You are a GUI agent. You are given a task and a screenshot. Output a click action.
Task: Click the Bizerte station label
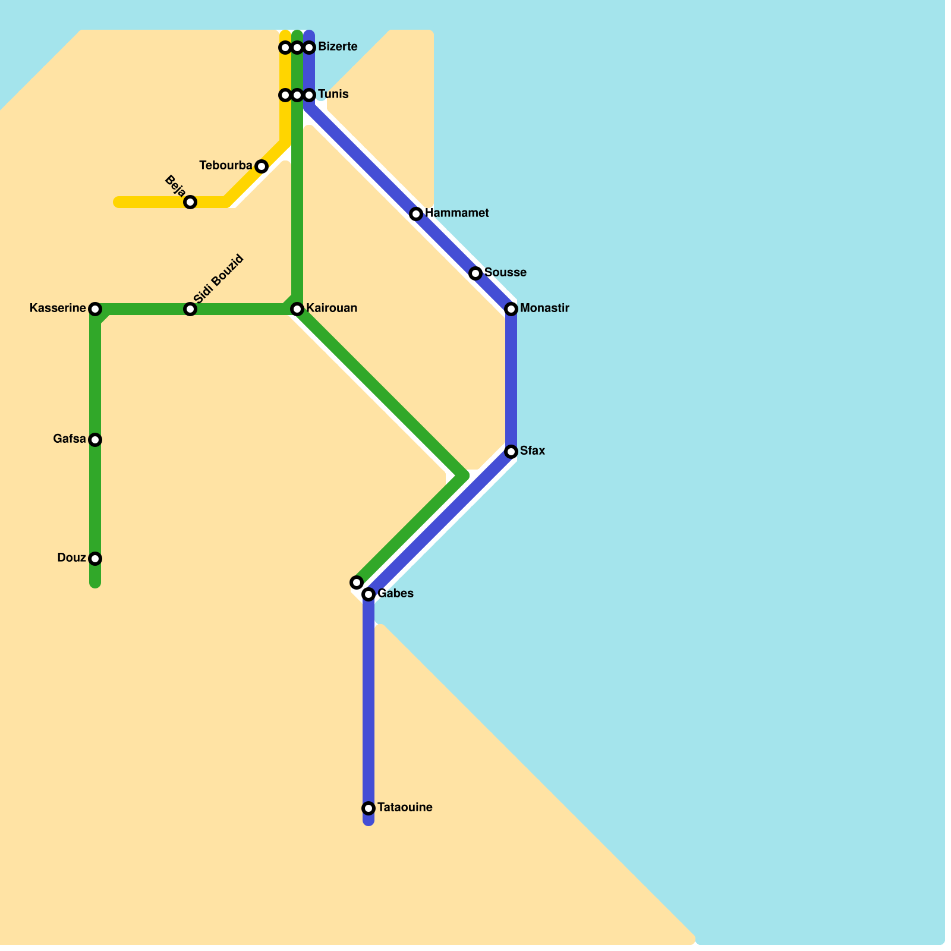pos(338,47)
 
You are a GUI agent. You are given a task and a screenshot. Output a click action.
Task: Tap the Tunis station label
pos(333,95)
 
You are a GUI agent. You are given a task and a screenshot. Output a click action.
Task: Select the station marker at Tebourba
pos(262,166)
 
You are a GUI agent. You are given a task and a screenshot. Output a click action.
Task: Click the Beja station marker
pos(190,202)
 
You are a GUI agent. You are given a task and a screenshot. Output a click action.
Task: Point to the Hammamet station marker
pos(416,214)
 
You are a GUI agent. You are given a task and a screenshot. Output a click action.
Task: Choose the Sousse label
pos(505,273)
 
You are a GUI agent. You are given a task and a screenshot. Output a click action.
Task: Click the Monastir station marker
pos(511,309)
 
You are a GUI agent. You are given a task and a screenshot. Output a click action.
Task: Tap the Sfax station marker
pos(511,452)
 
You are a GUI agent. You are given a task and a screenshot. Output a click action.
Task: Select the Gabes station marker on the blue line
pos(369,594)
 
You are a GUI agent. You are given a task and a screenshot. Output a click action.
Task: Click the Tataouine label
pos(405,808)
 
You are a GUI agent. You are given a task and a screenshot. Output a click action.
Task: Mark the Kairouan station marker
pos(297,309)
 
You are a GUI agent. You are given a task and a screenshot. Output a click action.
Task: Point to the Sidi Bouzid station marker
pos(190,309)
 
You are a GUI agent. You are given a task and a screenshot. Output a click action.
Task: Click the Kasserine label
pos(58,308)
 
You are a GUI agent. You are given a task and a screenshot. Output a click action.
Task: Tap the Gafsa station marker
pos(95,440)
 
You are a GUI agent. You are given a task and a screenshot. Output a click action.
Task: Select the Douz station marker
pos(95,559)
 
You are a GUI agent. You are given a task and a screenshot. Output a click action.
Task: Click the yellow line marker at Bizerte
pos(285,48)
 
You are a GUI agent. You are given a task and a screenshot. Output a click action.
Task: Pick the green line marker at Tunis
pos(297,95)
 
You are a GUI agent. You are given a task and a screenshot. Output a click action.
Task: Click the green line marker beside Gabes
pos(357,582)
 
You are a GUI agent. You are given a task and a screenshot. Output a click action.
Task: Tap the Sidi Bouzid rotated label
pos(219,279)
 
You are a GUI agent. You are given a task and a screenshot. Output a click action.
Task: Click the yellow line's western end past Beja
pos(118,202)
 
